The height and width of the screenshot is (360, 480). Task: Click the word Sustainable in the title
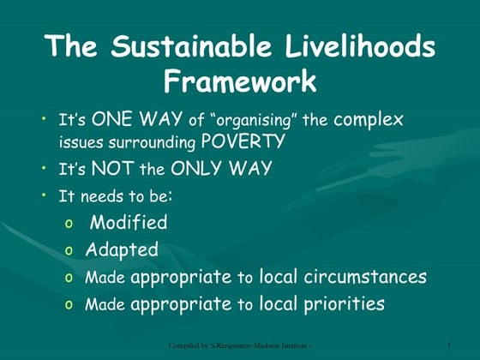(x=190, y=46)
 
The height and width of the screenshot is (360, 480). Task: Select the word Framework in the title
(x=240, y=81)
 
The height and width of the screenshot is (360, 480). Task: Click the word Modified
(x=129, y=223)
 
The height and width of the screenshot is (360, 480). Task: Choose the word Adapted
(x=122, y=249)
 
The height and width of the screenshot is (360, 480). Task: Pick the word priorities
(x=343, y=303)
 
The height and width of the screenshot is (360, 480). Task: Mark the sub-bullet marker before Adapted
(x=69, y=251)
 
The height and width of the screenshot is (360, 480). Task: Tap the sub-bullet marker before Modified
(x=69, y=225)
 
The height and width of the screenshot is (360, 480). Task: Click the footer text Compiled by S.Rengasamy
(x=214, y=345)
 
